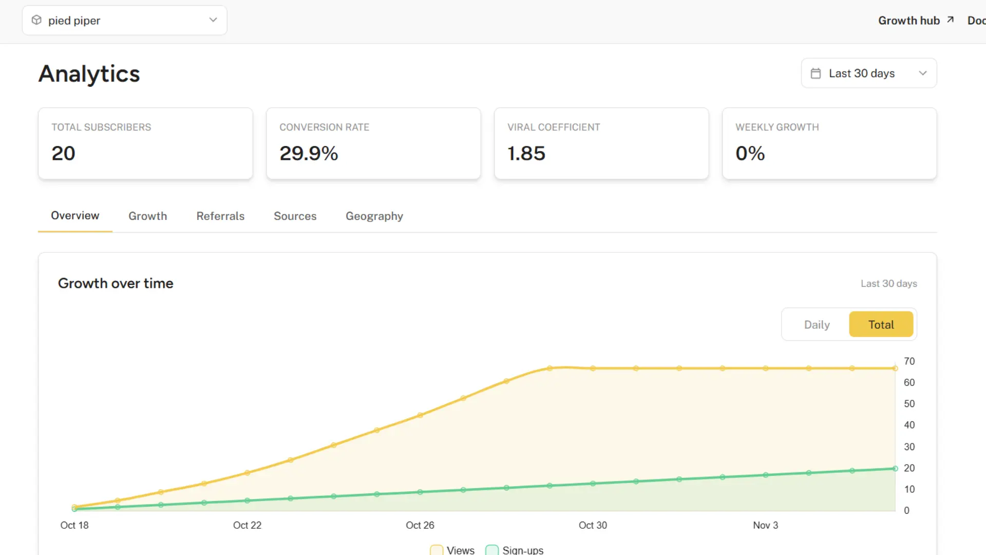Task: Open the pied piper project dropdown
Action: click(124, 21)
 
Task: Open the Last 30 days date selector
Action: click(868, 73)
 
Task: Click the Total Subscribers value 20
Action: click(64, 153)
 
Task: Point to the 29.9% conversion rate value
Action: click(309, 153)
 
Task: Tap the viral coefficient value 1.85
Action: click(526, 153)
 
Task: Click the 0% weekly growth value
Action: click(750, 153)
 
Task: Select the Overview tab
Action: click(75, 216)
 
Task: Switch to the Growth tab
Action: click(148, 216)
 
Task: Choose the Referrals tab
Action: click(220, 216)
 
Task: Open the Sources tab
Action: click(295, 216)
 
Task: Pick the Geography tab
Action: click(374, 216)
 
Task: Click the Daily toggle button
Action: click(817, 325)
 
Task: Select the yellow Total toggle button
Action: click(881, 325)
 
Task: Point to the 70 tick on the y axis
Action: click(909, 361)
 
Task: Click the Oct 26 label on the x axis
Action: click(420, 525)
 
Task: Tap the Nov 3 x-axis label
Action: click(765, 525)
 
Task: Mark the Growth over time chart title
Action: click(116, 283)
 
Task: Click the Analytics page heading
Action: click(89, 74)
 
